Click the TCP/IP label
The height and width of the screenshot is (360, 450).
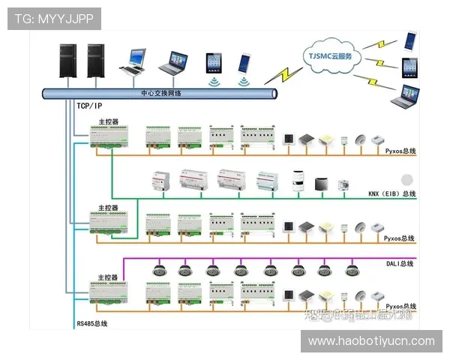coord(88,106)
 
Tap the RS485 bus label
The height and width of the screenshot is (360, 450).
coord(92,323)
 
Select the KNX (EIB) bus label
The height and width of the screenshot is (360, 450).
coord(391,194)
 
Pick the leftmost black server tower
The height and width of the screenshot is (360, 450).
coord(68,63)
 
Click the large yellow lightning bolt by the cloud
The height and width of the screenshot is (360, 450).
coord(283,73)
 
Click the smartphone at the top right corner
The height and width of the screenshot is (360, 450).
coord(409,40)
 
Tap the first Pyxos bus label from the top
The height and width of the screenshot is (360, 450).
coord(400,151)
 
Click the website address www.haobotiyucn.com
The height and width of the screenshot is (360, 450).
coord(371,341)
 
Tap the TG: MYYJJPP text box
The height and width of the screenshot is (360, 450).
coord(54,18)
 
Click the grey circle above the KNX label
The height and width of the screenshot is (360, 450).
coord(407,179)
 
